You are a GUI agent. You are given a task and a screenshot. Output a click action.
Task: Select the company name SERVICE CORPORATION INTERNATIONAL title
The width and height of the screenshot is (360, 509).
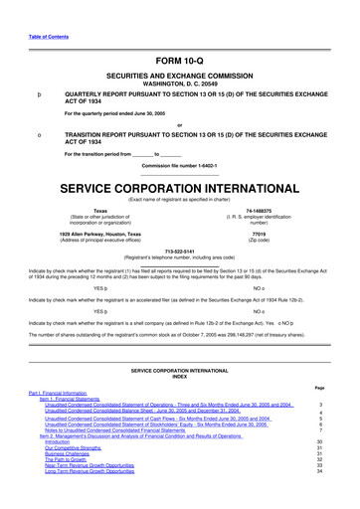tap(179, 187)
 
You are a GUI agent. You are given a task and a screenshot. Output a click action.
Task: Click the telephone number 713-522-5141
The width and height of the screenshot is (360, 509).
tap(179, 251)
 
